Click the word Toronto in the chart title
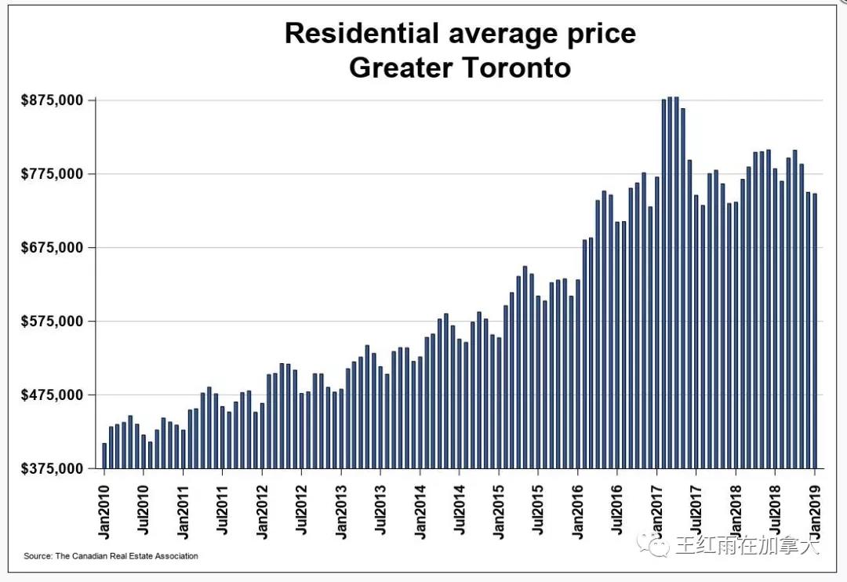point(515,67)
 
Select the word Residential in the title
point(362,34)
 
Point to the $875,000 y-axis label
point(52,100)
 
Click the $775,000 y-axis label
point(52,174)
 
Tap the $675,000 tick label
point(52,248)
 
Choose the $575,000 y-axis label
point(52,322)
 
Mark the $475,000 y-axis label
point(52,395)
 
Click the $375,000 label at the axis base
point(52,468)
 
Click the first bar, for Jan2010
point(104,457)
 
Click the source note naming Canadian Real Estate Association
point(111,556)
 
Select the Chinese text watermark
point(738,545)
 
